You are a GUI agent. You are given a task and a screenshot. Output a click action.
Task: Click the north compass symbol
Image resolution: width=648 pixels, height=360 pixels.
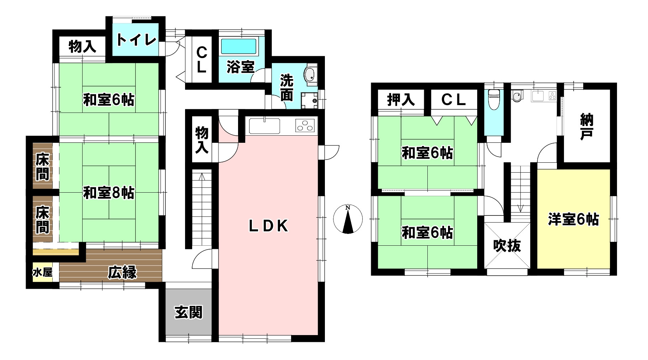(x=348, y=219)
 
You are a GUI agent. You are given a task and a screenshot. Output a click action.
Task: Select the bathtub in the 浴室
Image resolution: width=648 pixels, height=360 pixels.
(x=238, y=47)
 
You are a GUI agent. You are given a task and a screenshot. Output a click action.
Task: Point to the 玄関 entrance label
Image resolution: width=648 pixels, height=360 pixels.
(x=189, y=312)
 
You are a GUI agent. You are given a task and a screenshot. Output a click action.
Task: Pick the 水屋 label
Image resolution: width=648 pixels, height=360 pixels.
(x=42, y=273)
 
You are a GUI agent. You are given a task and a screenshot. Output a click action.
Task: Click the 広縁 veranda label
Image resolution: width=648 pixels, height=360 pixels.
(x=122, y=273)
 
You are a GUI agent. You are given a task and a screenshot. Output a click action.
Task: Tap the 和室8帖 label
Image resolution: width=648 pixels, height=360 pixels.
(x=109, y=193)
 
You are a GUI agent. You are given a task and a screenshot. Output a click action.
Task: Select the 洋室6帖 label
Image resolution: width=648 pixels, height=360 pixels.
(x=573, y=219)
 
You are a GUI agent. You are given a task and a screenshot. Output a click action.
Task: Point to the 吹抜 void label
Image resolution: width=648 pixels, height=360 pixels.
(x=507, y=246)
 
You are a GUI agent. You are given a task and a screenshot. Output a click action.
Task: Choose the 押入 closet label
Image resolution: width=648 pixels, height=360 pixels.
(x=401, y=100)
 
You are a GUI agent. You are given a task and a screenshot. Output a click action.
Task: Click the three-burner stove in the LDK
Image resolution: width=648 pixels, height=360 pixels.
(x=305, y=126)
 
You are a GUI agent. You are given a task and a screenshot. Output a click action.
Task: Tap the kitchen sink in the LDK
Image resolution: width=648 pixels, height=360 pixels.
(x=264, y=126)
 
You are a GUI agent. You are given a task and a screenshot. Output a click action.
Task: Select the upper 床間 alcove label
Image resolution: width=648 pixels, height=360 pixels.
(x=42, y=167)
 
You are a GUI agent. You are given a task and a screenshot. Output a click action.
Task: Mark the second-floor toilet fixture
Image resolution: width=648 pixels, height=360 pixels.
(x=494, y=99)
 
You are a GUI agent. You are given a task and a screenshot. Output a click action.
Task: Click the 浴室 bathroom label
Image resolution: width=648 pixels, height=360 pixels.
(x=241, y=67)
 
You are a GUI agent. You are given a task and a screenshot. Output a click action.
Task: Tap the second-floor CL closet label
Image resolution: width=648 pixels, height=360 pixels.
(x=454, y=100)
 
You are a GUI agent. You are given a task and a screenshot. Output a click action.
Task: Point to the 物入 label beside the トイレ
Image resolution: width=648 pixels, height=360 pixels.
(x=82, y=46)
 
